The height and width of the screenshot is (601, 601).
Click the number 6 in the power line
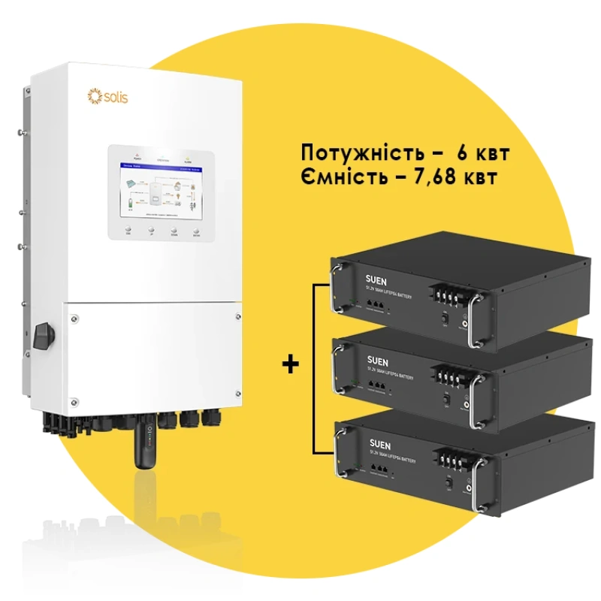tap(461, 153)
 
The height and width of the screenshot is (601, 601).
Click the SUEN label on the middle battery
tap(369, 358)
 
